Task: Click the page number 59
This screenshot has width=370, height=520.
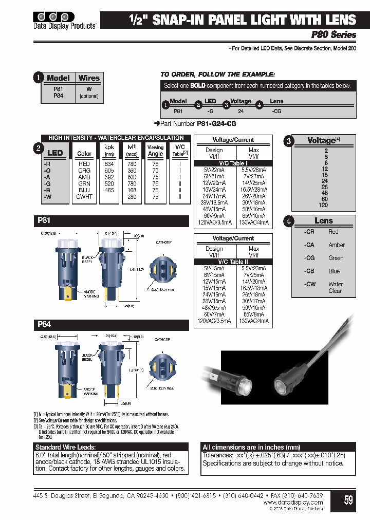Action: point(348,499)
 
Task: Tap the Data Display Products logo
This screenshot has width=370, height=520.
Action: point(65,19)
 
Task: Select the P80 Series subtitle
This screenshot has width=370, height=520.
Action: point(334,35)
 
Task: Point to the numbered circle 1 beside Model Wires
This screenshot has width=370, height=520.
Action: point(38,78)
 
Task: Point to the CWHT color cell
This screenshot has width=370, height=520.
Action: point(84,197)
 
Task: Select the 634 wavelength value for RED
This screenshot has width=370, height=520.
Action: point(109,164)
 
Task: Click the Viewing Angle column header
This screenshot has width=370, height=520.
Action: point(155,151)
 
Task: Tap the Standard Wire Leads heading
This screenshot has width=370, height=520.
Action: point(65,447)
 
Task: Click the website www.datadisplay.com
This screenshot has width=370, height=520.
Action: point(294,502)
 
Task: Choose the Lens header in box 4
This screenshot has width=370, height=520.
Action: point(324,220)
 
